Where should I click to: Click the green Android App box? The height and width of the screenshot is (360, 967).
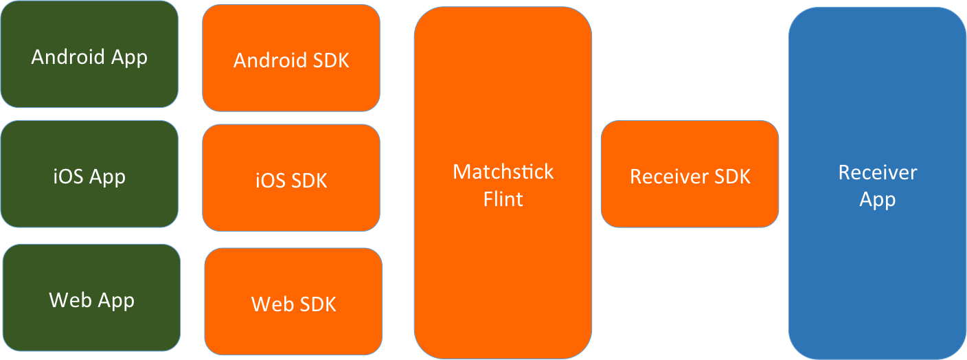pos(89,55)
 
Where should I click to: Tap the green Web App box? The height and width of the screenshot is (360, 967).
pos(91,299)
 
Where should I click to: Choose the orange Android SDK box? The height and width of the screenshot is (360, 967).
pos(291,58)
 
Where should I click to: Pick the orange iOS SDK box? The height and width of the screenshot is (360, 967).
pos(291,178)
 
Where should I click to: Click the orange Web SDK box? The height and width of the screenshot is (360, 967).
pos(293,302)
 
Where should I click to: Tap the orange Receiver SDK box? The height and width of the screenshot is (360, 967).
pos(690,174)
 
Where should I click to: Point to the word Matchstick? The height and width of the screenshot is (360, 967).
pos(503,171)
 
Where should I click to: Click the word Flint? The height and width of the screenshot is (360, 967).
pos(503,199)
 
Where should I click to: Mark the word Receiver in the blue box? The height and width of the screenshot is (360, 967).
pos(877,172)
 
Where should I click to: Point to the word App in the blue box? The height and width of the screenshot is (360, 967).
pos(877,200)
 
